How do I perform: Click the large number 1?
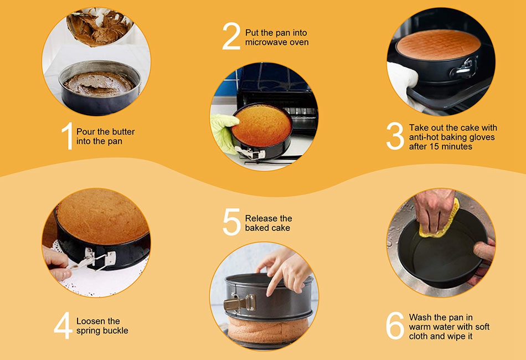tap(68, 136)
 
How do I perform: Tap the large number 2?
tap(231, 36)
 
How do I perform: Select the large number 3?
tap(395, 136)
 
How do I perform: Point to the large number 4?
tap(63, 326)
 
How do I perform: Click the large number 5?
tap(232, 222)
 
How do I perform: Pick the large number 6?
tap(395, 326)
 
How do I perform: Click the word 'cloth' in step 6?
tap(418, 336)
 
